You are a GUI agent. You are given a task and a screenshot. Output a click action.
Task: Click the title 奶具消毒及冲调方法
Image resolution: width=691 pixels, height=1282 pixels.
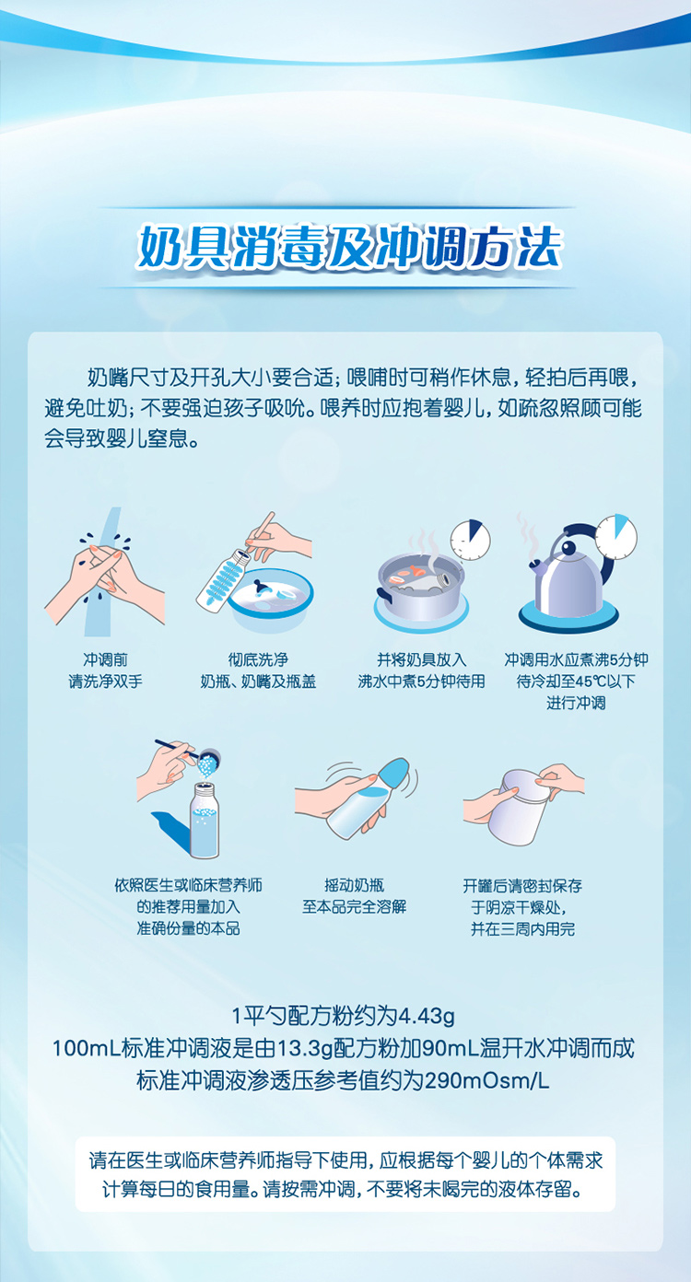[350, 248]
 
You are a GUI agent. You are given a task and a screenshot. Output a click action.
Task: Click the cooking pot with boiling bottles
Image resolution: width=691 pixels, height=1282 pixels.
[421, 587]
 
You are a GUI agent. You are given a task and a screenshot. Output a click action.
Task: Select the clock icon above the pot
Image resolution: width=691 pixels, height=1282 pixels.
[471, 540]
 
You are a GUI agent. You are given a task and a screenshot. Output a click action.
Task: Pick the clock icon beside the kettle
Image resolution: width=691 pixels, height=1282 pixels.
[616, 536]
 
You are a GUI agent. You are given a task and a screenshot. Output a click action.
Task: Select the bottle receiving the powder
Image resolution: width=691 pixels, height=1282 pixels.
[205, 821]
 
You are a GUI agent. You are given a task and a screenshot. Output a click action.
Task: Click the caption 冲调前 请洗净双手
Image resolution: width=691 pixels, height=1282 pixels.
[105, 670]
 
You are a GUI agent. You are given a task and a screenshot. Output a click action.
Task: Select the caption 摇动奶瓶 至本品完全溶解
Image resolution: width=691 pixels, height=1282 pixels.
[355, 896]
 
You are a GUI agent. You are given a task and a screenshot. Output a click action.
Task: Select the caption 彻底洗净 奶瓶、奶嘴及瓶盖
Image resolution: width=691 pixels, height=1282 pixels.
[258, 670]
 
